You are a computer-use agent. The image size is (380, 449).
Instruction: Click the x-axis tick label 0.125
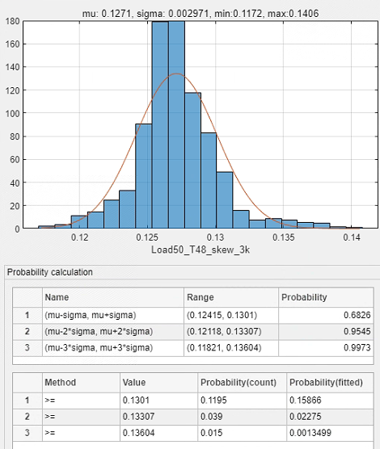click(x=147, y=237)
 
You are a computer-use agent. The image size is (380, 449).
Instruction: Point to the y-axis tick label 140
click(x=12, y=67)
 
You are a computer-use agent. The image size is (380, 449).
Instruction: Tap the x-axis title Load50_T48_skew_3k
click(x=201, y=250)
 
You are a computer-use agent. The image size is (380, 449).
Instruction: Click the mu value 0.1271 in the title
click(x=116, y=14)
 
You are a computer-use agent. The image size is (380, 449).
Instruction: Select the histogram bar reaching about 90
click(x=144, y=176)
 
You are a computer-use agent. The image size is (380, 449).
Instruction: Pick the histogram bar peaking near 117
click(x=192, y=161)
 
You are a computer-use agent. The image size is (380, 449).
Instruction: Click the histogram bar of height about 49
click(x=225, y=200)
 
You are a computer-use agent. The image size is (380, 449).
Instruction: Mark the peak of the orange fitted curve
click(x=177, y=73)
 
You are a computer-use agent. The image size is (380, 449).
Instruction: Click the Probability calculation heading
click(x=50, y=272)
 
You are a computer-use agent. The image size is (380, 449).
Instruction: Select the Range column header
click(x=201, y=297)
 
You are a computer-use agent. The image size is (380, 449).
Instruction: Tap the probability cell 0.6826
click(x=357, y=315)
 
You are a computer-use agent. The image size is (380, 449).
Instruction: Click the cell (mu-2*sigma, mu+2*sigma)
click(x=99, y=332)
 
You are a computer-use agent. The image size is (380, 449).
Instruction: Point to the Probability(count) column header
click(x=239, y=383)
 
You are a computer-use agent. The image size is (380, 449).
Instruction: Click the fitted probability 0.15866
click(x=305, y=400)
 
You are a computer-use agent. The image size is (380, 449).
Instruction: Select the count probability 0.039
click(x=211, y=417)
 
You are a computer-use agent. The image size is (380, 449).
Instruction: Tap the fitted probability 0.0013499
click(x=310, y=433)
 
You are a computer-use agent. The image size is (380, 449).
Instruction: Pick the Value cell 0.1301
click(x=136, y=400)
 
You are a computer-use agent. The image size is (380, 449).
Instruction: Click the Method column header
click(x=60, y=383)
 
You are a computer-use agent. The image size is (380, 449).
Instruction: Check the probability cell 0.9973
click(x=357, y=348)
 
